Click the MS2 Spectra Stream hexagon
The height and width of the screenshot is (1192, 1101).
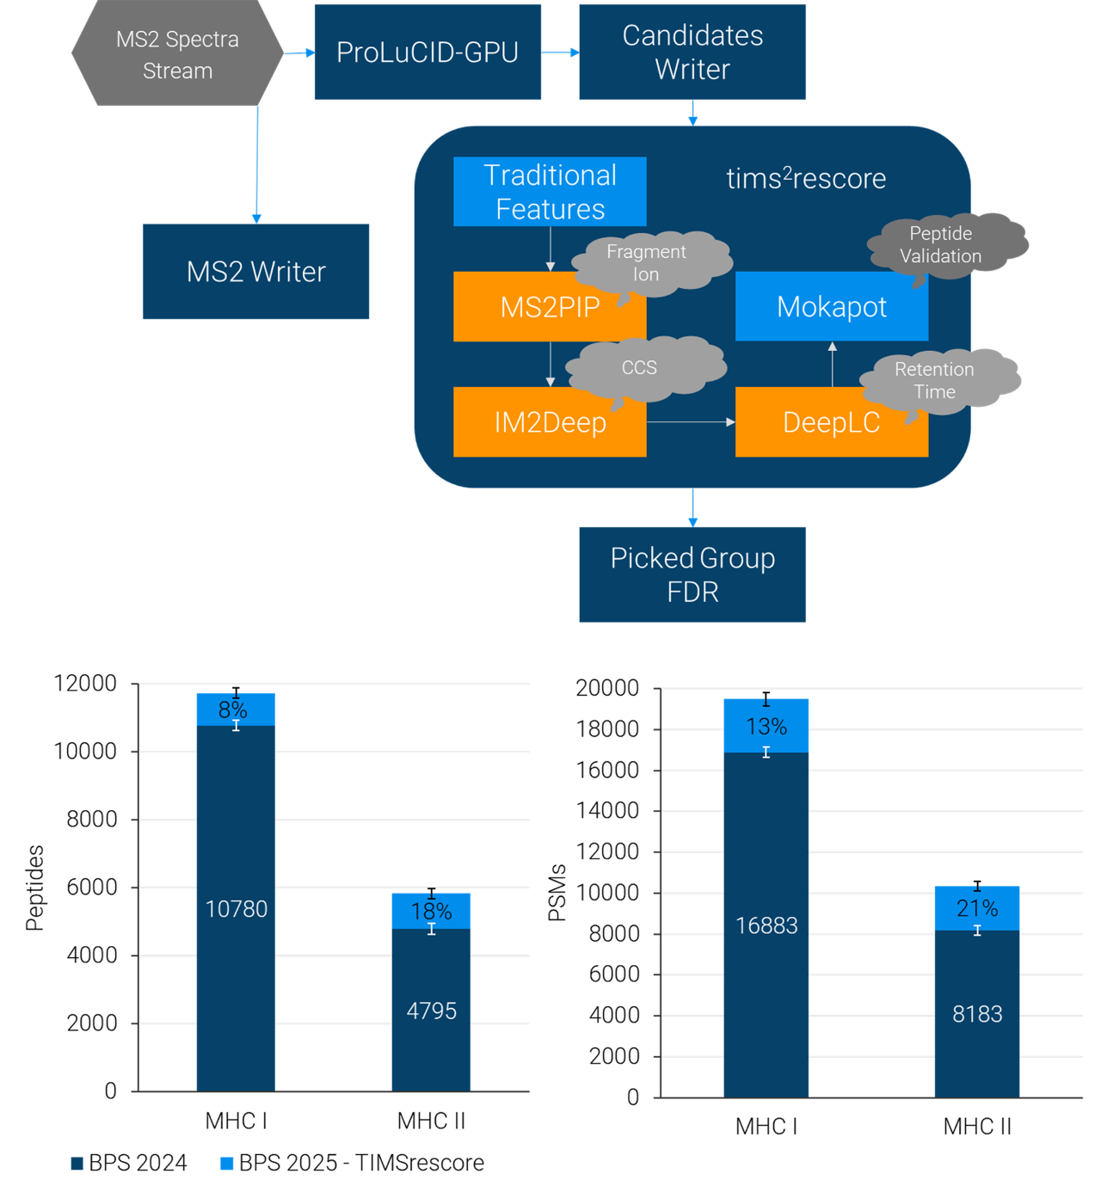pyautogui.click(x=177, y=54)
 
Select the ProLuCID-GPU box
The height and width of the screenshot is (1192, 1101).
pyautogui.click(x=427, y=52)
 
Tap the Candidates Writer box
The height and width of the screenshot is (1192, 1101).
pyautogui.click(x=692, y=52)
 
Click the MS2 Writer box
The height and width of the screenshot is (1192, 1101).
pyautogui.click(x=255, y=272)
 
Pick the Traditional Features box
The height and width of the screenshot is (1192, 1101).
pyautogui.click(x=550, y=192)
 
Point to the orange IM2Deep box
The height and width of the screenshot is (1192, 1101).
pyautogui.click(x=550, y=422)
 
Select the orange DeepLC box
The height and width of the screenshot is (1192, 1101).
pyautogui.click(x=831, y=422)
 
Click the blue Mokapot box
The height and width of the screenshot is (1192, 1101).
pyautogui.click(x=831, y=307)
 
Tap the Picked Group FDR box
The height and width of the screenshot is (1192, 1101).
pyautogui.click(x=692, y=574)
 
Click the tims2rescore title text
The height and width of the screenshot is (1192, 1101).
pyautogui.click(x=806, y=178)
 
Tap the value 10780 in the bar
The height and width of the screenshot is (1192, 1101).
pyautogui.click(x=237, y=909)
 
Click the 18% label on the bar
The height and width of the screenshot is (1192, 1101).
pyautogui.click(x=431, y=911)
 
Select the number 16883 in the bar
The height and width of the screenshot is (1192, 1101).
pyautogui.click(x=766, y=925)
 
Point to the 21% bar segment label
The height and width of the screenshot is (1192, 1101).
pyautogui.click(x=977, y=908)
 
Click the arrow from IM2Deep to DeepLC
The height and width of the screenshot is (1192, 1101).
pyautogui.click(x=691, y=422)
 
